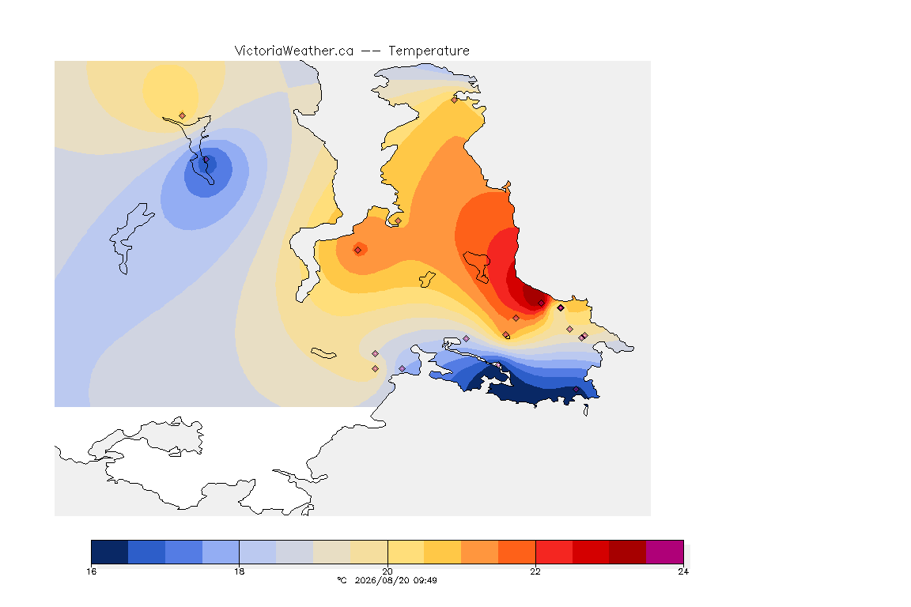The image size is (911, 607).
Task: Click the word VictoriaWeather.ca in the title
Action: [294, 51]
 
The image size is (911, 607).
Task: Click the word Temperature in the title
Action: [429, 51]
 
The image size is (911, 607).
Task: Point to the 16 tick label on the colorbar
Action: [91, 571]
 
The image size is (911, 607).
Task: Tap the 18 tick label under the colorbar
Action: [240, 571]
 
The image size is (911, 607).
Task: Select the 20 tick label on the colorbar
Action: [387, 571]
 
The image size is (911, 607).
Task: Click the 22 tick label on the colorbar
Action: [535, 571]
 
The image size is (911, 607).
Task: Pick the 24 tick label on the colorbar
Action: [683, 571]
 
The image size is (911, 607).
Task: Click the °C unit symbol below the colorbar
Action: [342, 580]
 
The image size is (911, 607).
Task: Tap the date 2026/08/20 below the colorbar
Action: [382, 580]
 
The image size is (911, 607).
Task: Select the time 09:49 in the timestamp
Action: [425, 580]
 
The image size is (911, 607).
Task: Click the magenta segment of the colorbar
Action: [664, 552]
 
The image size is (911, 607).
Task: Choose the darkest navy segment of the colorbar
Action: [110, 552]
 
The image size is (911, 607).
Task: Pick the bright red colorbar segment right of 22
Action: [554, 552]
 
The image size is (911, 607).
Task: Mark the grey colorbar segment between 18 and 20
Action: [294, 552]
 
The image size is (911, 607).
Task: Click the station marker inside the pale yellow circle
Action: [183, 116]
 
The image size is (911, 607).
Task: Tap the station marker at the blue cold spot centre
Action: [206, 160]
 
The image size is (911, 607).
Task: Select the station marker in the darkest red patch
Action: [542, 303]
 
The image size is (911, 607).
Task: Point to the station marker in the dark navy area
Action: [576, 389]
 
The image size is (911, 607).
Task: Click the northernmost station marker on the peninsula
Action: [455, 100]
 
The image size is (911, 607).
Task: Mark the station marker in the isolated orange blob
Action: [358, 251]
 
